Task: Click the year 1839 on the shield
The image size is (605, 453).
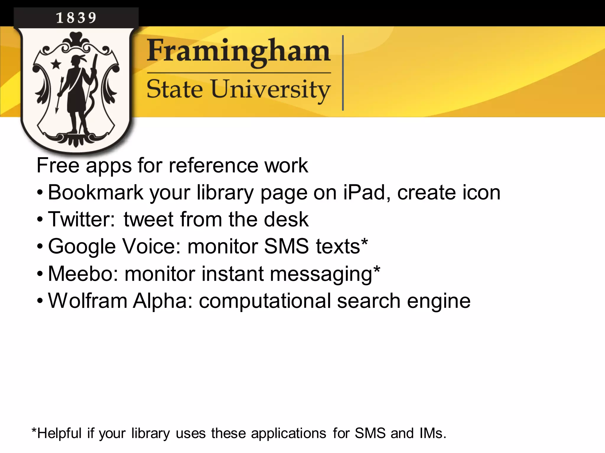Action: pyautogui.click(x=76, y=18)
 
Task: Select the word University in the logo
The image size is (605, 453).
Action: pyautogui.click(x=270, y=89)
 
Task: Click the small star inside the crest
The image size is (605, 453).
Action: pyautogui.click(x=56, y=64)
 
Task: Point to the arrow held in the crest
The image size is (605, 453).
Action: pyautogui.click(x=59, y=94)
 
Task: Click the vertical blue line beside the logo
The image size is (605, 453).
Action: pyautogui.click(x=343, y=73)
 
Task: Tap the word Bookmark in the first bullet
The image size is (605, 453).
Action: pyautogui.click(x=95, y=192)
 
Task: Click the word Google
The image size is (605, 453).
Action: pyautogui.click(x=82, y=247)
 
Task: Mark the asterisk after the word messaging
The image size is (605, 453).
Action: pyautogui.click(x=377, y=269)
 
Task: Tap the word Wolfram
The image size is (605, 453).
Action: pyautogui.click(x=88, y=301)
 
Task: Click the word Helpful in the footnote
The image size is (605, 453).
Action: pyautogui.click(x=59, y=433)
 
